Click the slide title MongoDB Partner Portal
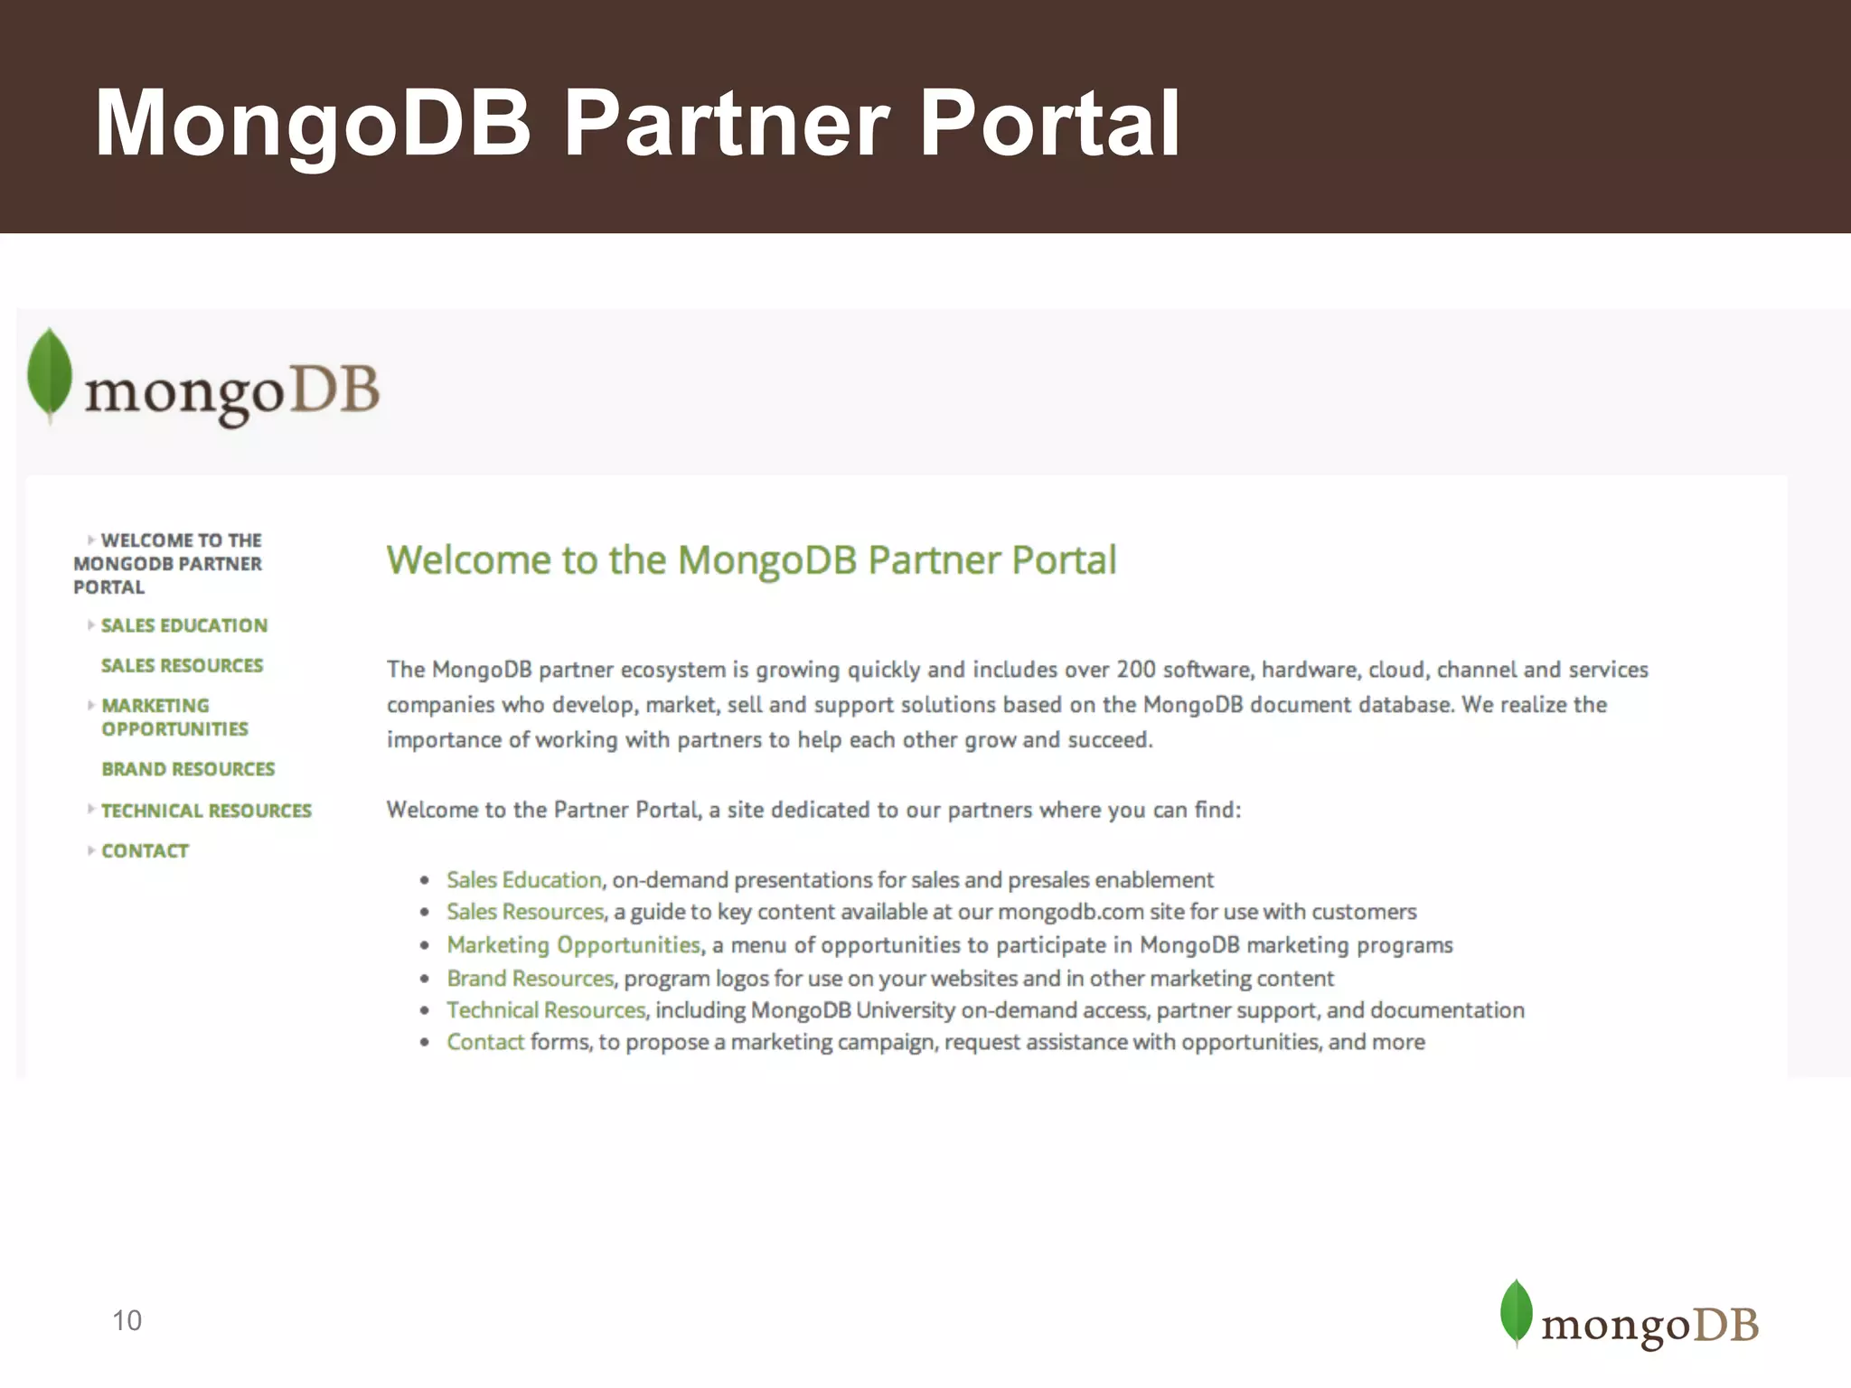[637, 124]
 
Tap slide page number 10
[127, 1320]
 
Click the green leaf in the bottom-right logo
[1516, 1312]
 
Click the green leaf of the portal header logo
[50, 374]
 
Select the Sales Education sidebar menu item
[183, 625]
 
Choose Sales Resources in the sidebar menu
[182, 666]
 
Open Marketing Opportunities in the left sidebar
[174, 717]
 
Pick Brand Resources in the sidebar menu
[188, 769]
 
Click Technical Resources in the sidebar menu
[206, 811]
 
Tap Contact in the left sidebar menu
[145, 851]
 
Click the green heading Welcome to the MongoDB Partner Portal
[751, 560]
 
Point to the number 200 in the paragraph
[1136, 670]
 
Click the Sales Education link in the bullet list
[523, 880]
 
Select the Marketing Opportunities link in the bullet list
[573, 945]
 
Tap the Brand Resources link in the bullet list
[530, 979]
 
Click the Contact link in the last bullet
[484, 1042]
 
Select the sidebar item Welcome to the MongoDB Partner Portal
[167, 564]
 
